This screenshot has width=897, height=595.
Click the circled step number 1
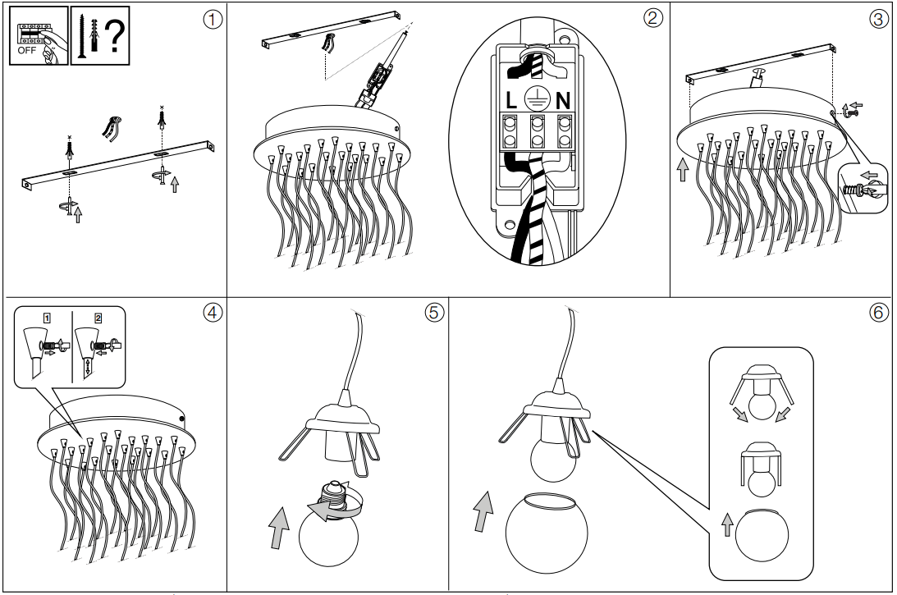tap(213, 19)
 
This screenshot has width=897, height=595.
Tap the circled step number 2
tap(653, 19)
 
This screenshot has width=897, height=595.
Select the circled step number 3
tap(878, 19)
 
